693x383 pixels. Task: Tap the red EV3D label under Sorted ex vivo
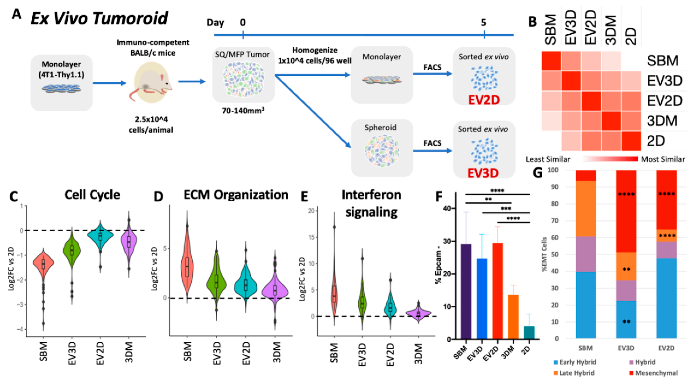coord(483,173)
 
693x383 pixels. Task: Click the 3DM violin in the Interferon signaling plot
coord(418,313)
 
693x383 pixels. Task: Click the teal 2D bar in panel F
coord(529,333)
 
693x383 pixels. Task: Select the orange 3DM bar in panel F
coord(513,317)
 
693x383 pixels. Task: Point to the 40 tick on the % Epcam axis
coord(447,208)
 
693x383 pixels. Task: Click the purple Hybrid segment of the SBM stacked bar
coord(585,254)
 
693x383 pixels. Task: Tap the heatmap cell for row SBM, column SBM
coord(551,61)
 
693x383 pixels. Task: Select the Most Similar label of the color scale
coord(663,159)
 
